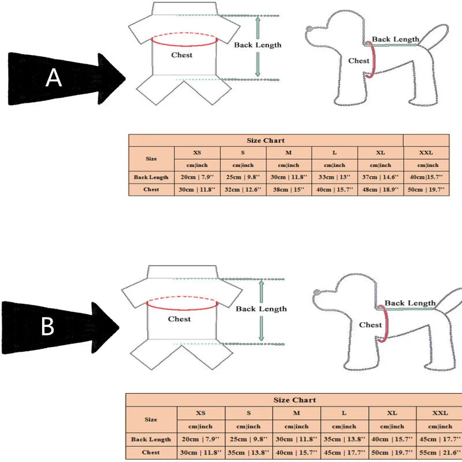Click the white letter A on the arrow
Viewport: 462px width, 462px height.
54,77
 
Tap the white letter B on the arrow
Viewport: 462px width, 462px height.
47,327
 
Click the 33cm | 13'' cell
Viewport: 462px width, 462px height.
334,177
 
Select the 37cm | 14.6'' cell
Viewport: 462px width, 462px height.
381,177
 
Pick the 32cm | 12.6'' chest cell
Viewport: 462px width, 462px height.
243,189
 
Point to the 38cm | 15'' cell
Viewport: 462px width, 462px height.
289,189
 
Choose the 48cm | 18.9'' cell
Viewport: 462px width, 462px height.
381,189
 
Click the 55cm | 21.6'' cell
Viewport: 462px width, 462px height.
440,452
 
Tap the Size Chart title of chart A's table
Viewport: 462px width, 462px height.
266,140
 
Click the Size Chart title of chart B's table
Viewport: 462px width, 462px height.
295,400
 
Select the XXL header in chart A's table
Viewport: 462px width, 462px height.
426,153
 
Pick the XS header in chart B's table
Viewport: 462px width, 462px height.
201,413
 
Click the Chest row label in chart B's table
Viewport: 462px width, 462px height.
151,452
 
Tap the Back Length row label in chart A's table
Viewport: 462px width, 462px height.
151,177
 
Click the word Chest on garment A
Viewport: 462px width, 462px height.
182,55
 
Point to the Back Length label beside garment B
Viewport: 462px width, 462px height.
261,309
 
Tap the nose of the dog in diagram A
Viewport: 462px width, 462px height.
310,28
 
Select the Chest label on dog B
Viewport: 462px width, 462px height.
370,325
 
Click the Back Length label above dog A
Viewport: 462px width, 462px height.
396,39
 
